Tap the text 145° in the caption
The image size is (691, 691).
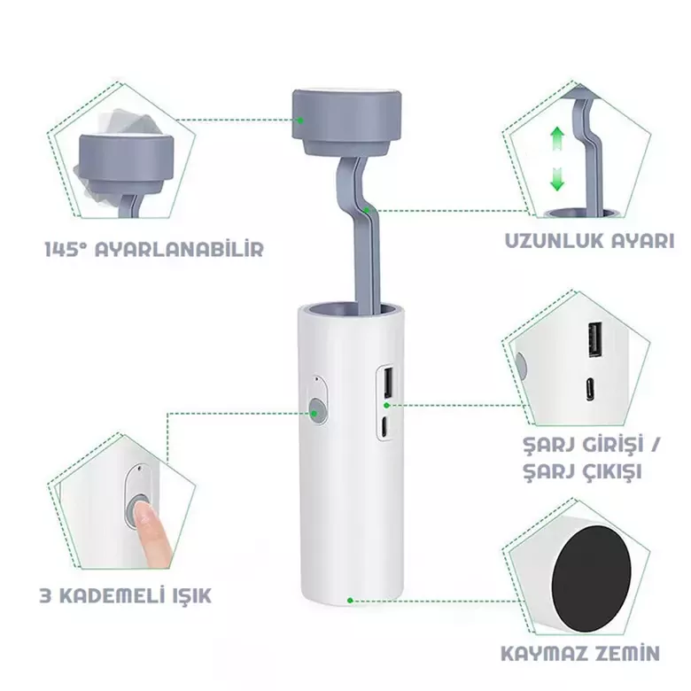pos(65,249)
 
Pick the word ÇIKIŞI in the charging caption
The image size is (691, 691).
pos(611,472)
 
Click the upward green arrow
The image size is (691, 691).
pos(557,139)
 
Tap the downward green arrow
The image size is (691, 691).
pos(557,178)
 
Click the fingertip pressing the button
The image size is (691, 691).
pos(142,512)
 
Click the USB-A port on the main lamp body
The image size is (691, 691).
pos(388,382)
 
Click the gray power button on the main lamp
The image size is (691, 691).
pos(316,408)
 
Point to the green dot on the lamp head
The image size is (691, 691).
pos(300,120)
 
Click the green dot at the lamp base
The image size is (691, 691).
pos(350,601)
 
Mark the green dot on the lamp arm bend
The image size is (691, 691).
pos(369,210)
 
